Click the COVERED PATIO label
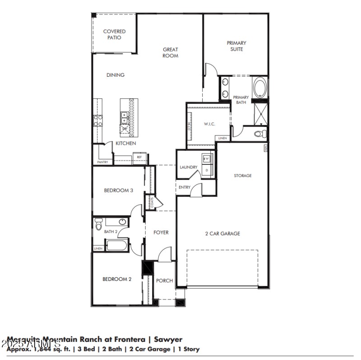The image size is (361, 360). click(114, 34)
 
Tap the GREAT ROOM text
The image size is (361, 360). click(170, 52)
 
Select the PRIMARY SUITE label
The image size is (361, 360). click(236, 46)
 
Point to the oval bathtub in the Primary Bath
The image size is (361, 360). click(260, 88)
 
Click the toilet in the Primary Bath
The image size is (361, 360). click(259, 134)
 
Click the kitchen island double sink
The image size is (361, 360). click(125, 118)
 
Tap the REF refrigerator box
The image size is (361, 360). click(140, 157)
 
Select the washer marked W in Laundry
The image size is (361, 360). click(208, 159)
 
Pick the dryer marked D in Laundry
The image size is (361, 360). click(208, 170)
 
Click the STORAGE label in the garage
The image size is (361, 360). click(243, 176)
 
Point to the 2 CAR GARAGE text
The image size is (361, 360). click(222, 234)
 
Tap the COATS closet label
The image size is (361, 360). click(152, 202)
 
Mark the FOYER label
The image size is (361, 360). click(161, 233)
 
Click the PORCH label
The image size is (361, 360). click(164, 281)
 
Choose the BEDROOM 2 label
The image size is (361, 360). click(117, 279)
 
